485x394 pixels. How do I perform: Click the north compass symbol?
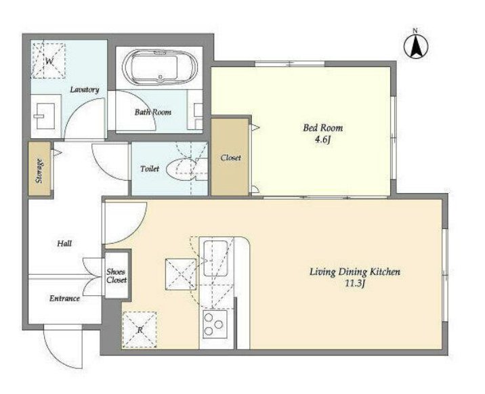pyautogui.click(x=416, y=46)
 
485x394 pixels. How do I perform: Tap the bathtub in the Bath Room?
pyautogui.click(x=160, y=68)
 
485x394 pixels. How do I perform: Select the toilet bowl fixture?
pyautogui.click(x=182, y=169)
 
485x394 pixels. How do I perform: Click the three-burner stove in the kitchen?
pyautogui.click(x=215, y=324)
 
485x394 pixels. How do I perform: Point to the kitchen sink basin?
pyautogui.click(x=215, y=258)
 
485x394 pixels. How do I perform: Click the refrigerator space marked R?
pyautogui.click(x=140, y=330)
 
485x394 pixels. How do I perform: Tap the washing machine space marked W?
pyautogui.click(x=48, y=60)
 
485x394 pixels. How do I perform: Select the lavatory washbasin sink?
pyautogui.click(x=45, y=116)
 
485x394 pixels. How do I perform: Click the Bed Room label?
pyautogui.click(x=323, y=128)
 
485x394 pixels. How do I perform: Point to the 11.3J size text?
pyautogui.click(x=355, y=284)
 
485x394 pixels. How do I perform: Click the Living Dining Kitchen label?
pyautogui.click(x=355, y=272)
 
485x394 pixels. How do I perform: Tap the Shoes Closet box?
pyautogui.click(x=117, y=276)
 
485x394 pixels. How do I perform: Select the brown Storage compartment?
pyautogui.click(x=39, y=169)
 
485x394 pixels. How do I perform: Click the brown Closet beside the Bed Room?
pyautogui.click(x=230, y=157)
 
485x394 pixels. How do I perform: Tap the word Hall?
pyautogui.click(x=64, y=244)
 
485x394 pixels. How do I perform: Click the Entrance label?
pyautogui.click(x=64, y=299)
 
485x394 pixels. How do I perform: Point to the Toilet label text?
pyautogui.click(x=150, y=169)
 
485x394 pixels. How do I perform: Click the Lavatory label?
pyautogui.click(x=85, y=89)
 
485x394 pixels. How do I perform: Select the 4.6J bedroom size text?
pyautogui.click(x=323, y=140)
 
